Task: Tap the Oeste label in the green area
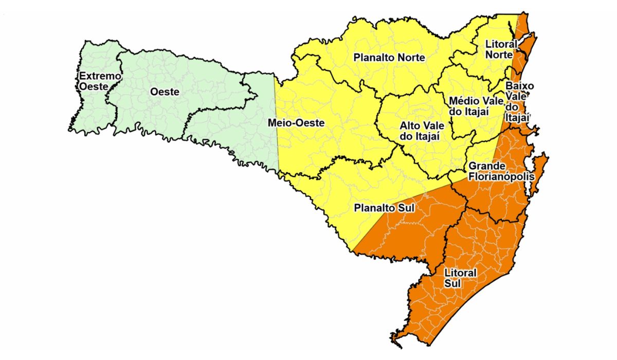[x=165, y=93]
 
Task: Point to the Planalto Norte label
[x=389, y=58]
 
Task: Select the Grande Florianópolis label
[x=501, y=171]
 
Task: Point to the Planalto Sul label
[x=385, y=209]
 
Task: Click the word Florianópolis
[x=501, y=176]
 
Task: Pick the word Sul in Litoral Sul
[x=453, y=283]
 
